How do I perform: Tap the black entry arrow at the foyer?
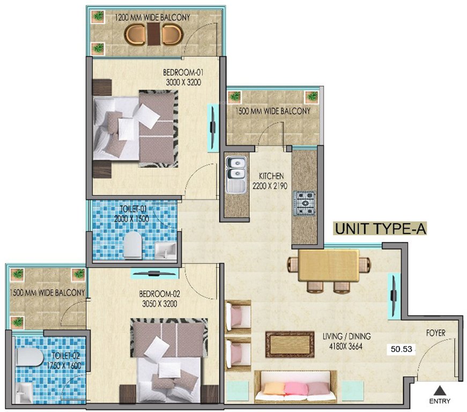pos(440,390)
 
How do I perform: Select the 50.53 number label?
pos(402,349)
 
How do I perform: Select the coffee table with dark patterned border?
pos(290,343)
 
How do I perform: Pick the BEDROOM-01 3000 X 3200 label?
pos(184,77)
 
